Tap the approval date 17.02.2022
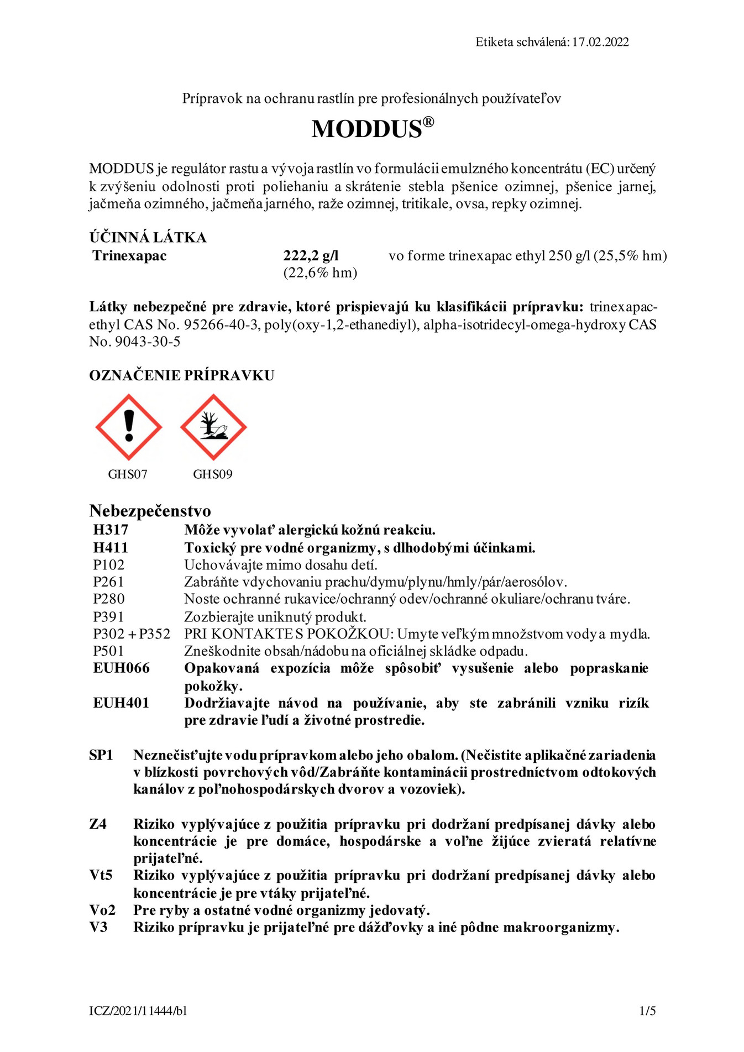tap(600, 42)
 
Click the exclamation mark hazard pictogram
tap(129, 427)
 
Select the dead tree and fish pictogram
tap(213, 427)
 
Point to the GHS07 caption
tap(128, 474)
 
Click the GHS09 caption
tap(213, 474)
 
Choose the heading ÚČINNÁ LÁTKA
tap(148, 238)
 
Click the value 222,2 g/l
tap(311, 255)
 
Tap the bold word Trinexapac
tap(130, 255)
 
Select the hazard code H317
tap(111, 530)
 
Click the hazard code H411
tap(111, 548)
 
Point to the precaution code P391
tap(108, 616)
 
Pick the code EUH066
tap(121, 668)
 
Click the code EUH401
tap(121, 703)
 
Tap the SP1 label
tap(101, 755)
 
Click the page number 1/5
tap(647, 1011)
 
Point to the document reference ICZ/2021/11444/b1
tap(138, 1011)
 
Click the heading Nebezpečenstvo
tap(150, 511)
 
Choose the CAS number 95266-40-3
tap(221, 325)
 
